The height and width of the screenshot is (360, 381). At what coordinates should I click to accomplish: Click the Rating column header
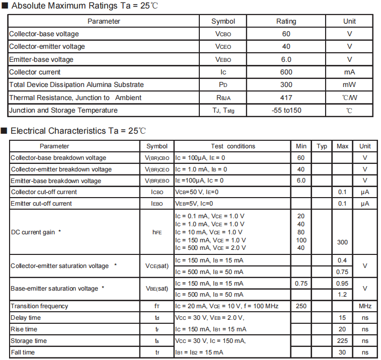(x=286, y=21)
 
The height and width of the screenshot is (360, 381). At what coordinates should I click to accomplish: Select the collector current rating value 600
(x=286, y=72)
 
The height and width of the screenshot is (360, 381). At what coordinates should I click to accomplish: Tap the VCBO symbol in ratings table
(x=223, y=34)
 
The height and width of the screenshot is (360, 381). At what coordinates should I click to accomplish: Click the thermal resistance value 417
(x=286, y=98)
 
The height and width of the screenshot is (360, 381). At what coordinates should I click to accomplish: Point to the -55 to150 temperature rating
(x=285, y=110)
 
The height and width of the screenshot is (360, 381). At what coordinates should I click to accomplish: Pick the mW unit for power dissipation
(x=349, y=84)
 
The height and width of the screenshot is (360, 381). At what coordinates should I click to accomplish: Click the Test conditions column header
(x=233, y=146)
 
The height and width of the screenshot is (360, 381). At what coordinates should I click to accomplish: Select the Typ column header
(x=322, y=146)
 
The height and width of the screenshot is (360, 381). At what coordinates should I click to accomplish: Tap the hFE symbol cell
(x=157, y=232)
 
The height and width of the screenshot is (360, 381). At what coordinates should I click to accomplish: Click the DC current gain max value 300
(x=342, y=242)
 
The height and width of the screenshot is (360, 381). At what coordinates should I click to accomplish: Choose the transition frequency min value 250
(x=301, y=306)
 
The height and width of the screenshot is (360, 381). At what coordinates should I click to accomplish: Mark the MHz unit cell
(x=365, y=306)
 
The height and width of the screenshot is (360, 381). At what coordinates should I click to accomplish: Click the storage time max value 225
(x=342, y=341)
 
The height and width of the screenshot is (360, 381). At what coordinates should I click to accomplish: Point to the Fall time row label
(x=23, y=352)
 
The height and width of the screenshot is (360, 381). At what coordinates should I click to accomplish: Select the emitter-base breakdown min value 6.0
(x=301, y=181)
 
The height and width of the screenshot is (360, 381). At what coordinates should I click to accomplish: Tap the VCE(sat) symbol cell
(x=157, y=266)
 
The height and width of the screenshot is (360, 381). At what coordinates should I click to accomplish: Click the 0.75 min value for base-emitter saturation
(x=301, y=284)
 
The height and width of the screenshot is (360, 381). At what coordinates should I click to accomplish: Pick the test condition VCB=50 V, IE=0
(x=197, y=192)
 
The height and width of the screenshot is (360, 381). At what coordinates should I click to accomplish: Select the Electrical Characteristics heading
(x=78, y=131)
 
